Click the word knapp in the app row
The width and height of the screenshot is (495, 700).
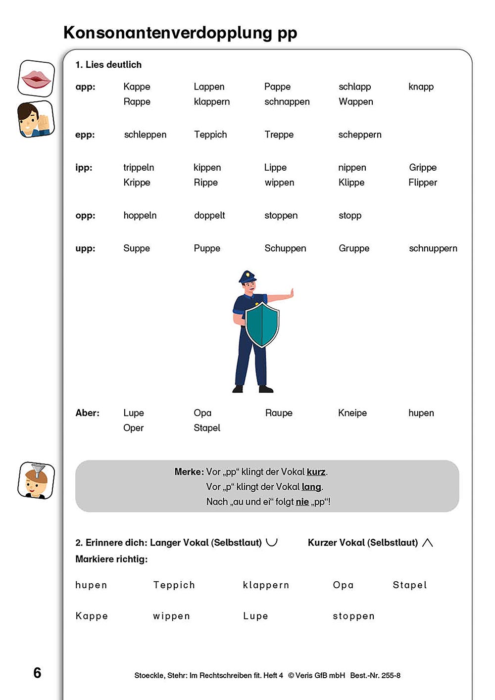(x=421, y=87)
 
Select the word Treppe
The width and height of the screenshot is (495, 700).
(x=279, y=135)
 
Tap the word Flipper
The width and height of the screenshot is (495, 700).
(x=423, y=183)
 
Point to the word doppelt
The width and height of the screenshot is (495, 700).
(x=209, y=216)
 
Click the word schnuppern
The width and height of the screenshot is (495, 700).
(x=433, y=249)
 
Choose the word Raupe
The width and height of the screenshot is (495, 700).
(x=279, y=413)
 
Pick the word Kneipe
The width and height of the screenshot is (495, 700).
(x=352, y=413)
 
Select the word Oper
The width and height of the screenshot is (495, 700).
(x=133, y=428)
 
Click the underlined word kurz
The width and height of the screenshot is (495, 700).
(x=316, y=472)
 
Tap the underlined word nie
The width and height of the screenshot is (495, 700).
(x=302, y=502)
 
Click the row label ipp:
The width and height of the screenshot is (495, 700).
(x=84, y=168)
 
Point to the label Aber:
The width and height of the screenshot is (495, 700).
(x=87, y=413)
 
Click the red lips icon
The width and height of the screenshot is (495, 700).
(x=36, y=78)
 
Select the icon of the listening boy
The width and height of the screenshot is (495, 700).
(x=36, y=119)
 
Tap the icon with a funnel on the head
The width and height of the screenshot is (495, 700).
(x=36, y=480)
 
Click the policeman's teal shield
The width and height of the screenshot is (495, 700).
(x=262, y=324)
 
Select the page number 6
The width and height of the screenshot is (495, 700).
(x=37, y=673)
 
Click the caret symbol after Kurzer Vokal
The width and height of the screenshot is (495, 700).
(x=428, y=543)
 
